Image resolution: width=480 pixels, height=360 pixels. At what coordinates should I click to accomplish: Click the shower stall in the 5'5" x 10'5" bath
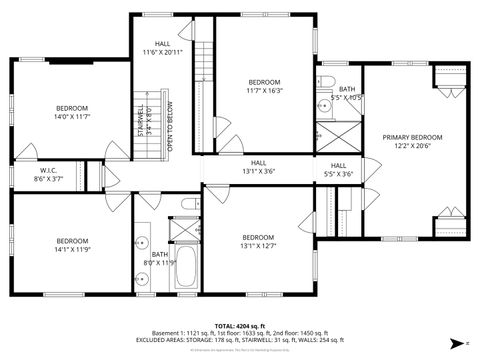[337, 136]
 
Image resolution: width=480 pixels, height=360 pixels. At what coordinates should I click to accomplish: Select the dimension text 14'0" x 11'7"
[72, 117]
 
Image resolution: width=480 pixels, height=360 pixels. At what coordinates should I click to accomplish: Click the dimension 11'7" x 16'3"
[264, 90]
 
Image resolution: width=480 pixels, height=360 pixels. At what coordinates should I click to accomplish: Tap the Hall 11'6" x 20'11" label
[162, 50]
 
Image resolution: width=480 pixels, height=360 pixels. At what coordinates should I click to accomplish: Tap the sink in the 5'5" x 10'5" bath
[325, 105]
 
